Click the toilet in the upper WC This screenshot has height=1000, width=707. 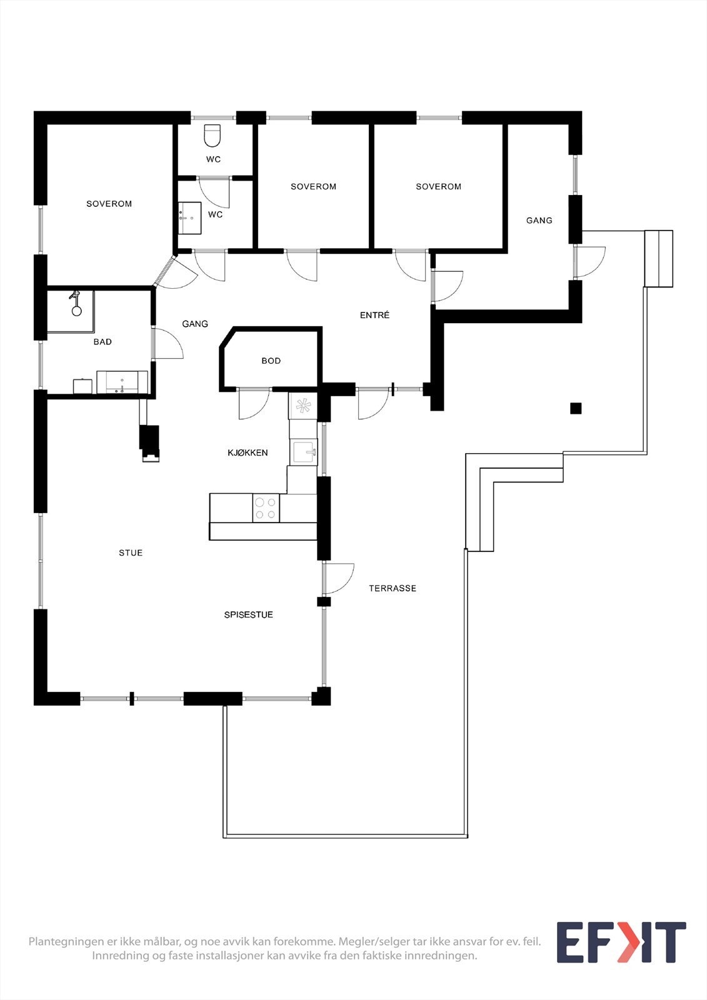[213, 135]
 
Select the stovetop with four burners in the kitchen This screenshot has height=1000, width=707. [266, 507]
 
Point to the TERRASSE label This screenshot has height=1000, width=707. [392, 588]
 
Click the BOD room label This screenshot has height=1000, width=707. [271, 361]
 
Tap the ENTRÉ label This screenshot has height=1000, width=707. [374, 315]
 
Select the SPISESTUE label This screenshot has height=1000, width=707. [248, 615]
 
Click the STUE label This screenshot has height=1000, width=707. [131, 552]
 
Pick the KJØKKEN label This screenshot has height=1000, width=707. [248, 452]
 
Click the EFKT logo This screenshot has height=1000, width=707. [621, 942]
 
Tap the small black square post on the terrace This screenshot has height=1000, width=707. [576, 409]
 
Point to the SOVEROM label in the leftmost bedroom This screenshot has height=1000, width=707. [109, 204]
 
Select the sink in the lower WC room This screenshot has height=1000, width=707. [189, 217]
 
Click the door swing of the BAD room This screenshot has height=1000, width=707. [166, 344]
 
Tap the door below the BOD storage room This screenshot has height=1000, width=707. [253, 404]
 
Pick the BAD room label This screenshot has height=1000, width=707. [103, 342]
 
